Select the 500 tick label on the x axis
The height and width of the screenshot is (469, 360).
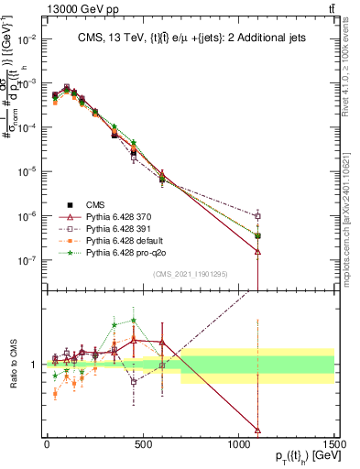143,445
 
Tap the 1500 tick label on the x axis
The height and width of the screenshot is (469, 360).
334,445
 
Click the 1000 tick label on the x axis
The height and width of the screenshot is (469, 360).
238,445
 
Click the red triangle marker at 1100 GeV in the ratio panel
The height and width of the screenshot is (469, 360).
258,430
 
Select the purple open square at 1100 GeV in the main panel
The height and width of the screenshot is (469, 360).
258,216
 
